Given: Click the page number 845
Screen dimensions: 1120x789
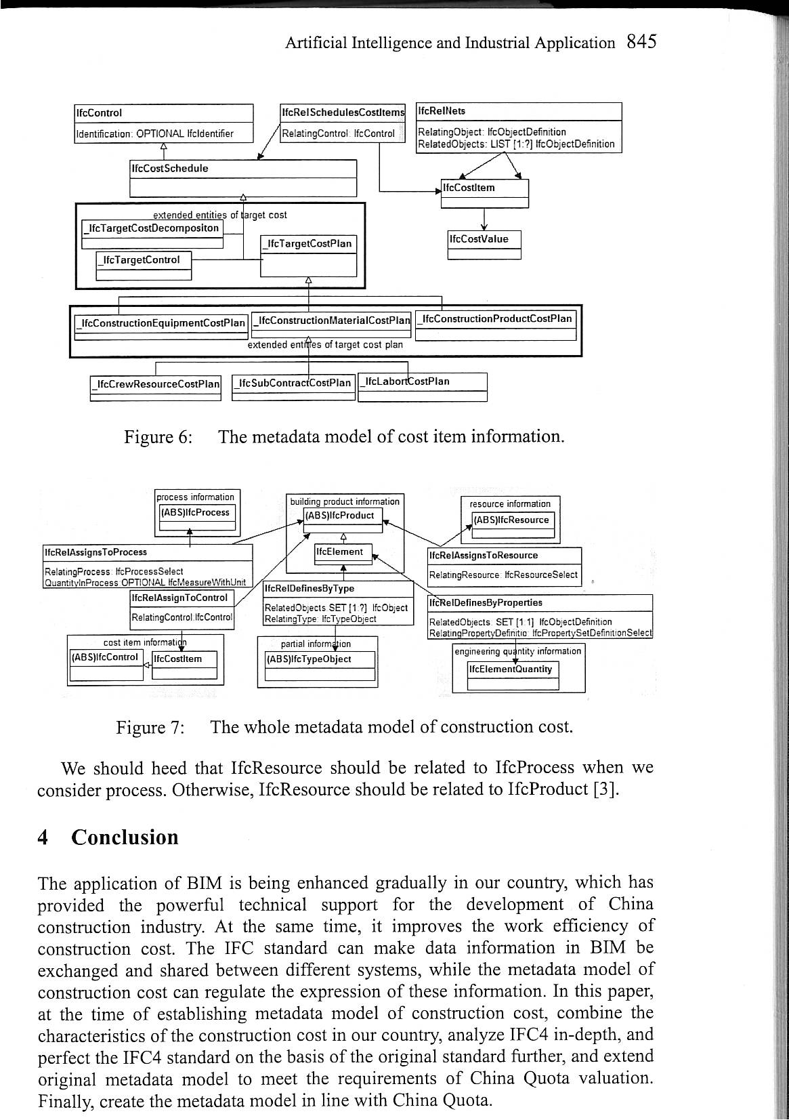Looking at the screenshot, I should click(x=641, y=42).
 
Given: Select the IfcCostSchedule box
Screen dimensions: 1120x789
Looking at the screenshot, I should click(x=242, y=178).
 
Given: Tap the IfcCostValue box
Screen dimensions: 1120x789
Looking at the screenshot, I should click(x=484, y=245).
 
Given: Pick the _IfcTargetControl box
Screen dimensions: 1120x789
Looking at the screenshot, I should click(x=144, y=265).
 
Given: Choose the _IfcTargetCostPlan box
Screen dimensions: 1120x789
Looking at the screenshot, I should click(x=308, y=255).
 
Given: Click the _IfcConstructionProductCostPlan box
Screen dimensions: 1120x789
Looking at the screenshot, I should click(x=495, y=325).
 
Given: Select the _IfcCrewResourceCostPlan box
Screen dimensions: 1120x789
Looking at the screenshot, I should click(x=156, y=388).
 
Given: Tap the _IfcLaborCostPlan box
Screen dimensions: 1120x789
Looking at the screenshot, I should click(x=422, y=386).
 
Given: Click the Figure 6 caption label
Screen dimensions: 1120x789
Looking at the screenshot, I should click(x=158, y=436).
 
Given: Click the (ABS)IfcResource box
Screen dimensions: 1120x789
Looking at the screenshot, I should click(x=513, y=526).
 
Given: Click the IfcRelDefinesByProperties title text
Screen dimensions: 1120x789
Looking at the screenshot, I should click(x=486, y=602).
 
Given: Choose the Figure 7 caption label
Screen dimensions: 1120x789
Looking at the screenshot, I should click(x=150, y=728).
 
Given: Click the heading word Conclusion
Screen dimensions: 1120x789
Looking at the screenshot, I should click(x=125, y=837).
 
